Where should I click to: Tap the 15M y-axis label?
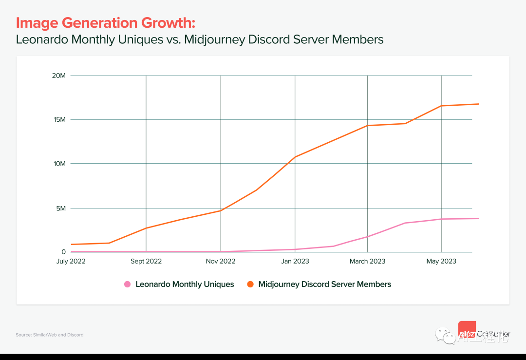click(59, 119)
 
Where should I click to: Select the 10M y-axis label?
click(59, 164)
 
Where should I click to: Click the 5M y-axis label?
click(60, 208)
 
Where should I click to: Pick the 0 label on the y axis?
click(63, 252)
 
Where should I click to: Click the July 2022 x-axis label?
click(71, 261)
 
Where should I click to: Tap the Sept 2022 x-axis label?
click(146, 261)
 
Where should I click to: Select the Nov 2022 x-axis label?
click(221, 261)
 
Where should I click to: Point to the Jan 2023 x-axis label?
click(295, 261)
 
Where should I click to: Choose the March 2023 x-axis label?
click(367, 261)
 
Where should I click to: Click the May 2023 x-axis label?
click(441, 261)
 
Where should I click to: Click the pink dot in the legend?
click(128, 284)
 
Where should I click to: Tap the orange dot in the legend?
click(250, 284)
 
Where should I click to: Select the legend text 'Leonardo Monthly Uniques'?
click(185, 284)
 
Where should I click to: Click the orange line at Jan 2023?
click(295, 157)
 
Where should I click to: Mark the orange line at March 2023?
click(367, 126)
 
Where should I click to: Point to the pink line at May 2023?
click(441, 219)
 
